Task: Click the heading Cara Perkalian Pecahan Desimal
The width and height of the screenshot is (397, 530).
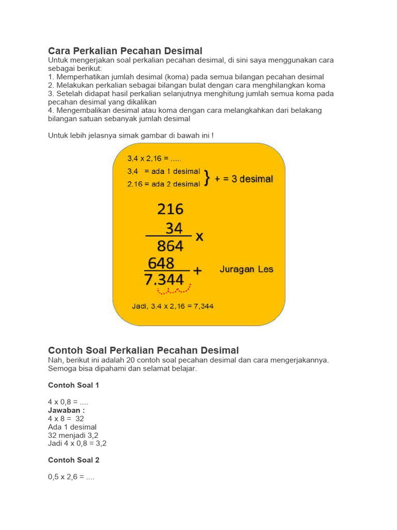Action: tap(125, 51)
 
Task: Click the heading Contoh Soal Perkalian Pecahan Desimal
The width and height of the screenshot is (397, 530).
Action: tap(143, 350)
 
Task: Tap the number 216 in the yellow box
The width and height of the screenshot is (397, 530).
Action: tap(170, 209)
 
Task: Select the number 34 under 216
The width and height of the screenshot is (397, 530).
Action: tap(174, 228)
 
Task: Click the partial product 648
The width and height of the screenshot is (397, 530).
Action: tap(161, 263)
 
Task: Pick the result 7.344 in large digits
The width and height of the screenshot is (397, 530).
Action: tap(165, 280)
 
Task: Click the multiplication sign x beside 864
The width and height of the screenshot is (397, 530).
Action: tap(199, 237)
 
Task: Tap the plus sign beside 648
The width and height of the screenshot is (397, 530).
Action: tap(197, 270)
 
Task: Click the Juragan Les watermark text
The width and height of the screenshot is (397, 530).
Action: tap(247, 269)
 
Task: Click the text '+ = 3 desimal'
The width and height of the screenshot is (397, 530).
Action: tap(244, 179)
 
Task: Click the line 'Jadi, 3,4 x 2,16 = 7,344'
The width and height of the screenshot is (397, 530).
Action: tap(172, 306)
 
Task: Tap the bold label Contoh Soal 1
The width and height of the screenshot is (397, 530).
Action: tap(73, 385)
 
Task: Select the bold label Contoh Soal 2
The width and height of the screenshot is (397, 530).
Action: tap(73, 460)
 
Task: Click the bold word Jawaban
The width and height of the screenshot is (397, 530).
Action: tap(66, 410)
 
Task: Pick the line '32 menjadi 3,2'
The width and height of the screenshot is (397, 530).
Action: tap(73, 435)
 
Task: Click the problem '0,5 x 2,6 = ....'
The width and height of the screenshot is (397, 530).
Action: tap(71, 477)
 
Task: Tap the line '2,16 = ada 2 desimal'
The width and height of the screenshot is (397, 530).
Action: tap(163, 184)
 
